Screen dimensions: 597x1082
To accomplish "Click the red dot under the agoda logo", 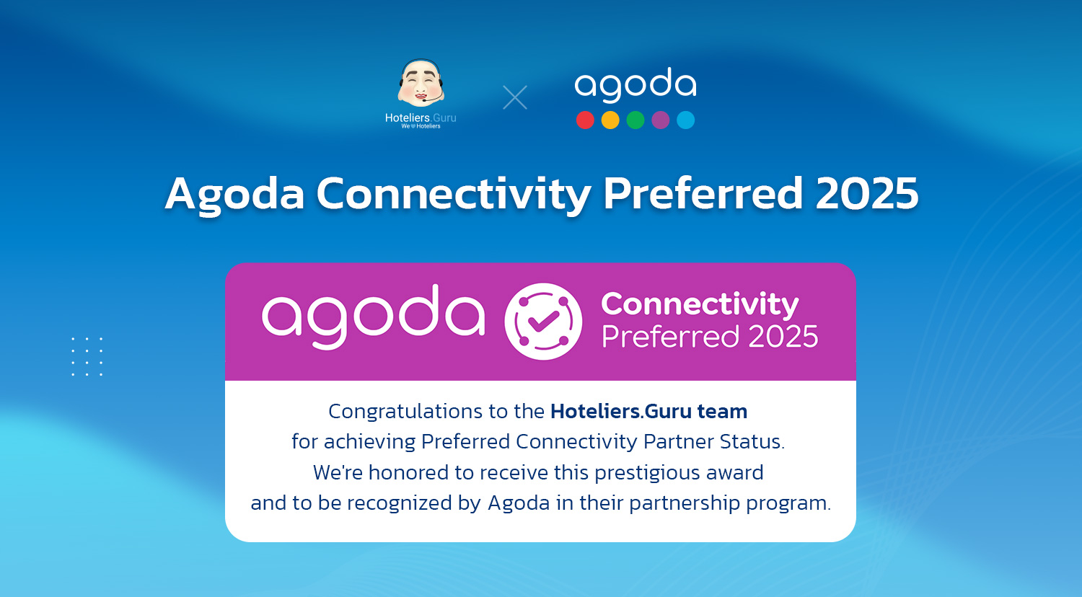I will tap(585, 120).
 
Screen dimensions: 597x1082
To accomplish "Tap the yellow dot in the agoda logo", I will tap(610, 120).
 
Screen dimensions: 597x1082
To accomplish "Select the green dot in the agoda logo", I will tap(635, 120).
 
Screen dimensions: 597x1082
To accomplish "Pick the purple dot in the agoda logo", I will tap(661, 120).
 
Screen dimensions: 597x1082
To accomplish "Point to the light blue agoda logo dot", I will tap(686, 120).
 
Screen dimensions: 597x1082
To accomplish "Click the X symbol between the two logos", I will tap(515, 97).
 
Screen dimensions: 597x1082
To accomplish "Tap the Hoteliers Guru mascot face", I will tap(421, 83).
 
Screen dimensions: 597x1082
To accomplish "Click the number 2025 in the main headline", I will tap(866, 193).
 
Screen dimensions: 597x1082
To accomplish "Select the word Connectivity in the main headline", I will tap(453, 195).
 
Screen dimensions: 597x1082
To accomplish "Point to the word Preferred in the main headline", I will tap(703, 193).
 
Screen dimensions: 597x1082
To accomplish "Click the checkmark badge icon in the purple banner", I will tap(543, 322).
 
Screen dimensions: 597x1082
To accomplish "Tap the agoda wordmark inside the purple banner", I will tap(373, 317).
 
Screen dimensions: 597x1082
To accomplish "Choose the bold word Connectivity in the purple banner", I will tap(700, 304).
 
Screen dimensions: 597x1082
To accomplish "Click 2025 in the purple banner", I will tap(783, 337).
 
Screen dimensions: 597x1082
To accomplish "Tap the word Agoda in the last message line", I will tap(519, 503).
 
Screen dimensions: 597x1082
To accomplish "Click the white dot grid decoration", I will tap(87, 356).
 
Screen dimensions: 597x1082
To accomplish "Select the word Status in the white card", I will tap(756, 441).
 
